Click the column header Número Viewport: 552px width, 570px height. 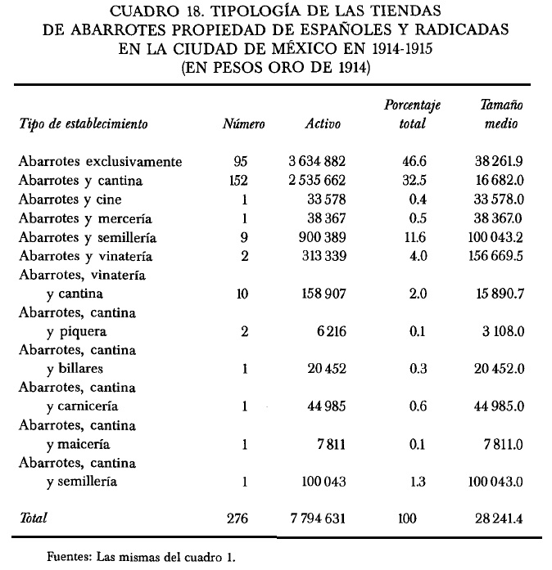244,125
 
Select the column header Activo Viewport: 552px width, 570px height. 323,125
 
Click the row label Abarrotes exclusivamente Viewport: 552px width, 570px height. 100,162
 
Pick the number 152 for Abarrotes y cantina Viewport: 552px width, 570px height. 238,181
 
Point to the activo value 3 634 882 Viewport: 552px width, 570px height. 312,162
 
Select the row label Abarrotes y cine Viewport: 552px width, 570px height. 78,200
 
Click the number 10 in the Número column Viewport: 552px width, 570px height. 242,294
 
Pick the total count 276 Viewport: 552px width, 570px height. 238,518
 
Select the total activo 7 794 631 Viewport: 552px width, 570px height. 312,518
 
